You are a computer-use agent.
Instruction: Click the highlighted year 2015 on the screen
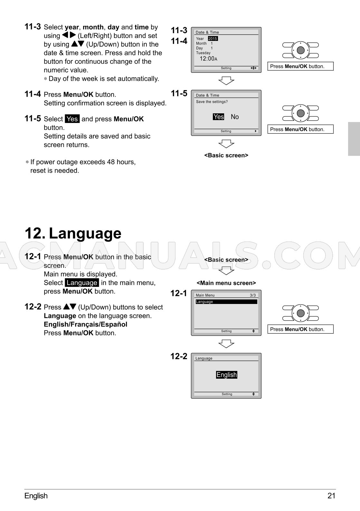[213, 39]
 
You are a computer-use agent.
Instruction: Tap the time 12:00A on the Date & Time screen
[208, 59]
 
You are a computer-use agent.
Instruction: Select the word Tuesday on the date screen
[203, 53]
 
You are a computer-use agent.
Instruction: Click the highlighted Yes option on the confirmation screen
[218, 117]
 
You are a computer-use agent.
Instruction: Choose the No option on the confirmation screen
[234, 117]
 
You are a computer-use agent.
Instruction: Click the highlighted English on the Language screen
[227, 374]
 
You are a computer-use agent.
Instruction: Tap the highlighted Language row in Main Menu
[226, 302]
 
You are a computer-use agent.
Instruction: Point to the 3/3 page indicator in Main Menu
[252, 295]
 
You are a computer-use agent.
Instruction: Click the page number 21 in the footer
[331, 496]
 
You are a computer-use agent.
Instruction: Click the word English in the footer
[36, 496]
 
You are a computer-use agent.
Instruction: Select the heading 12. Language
[73, 233]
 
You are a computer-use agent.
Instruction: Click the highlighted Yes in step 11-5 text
[72, 119]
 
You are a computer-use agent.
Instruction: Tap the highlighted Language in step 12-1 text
[82, 283]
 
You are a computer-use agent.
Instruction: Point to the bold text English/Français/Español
[86, 324]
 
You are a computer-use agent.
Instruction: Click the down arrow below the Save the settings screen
[226, 144]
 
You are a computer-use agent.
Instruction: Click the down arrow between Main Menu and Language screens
[226, 344]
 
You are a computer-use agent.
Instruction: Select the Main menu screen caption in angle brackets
[226, 283]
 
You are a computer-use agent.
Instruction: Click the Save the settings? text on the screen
[212, 102]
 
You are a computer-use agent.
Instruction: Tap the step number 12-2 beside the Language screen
[179, 356]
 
